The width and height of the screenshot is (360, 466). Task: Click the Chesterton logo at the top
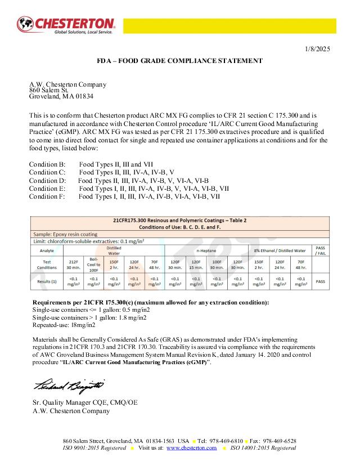66,25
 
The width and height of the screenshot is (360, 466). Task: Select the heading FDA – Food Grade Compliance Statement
179,60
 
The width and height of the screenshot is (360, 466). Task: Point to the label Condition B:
47,164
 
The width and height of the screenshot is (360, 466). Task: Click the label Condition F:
47,197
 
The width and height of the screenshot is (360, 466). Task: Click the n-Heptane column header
206,250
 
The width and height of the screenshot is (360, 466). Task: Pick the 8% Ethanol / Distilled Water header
280,250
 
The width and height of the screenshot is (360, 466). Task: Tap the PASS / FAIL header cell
321,250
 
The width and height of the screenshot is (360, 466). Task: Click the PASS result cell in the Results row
321,280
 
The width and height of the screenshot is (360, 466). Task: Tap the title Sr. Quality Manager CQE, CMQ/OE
85,402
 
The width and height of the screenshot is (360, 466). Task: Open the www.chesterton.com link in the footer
191,448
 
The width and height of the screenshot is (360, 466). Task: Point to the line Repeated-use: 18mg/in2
64,325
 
